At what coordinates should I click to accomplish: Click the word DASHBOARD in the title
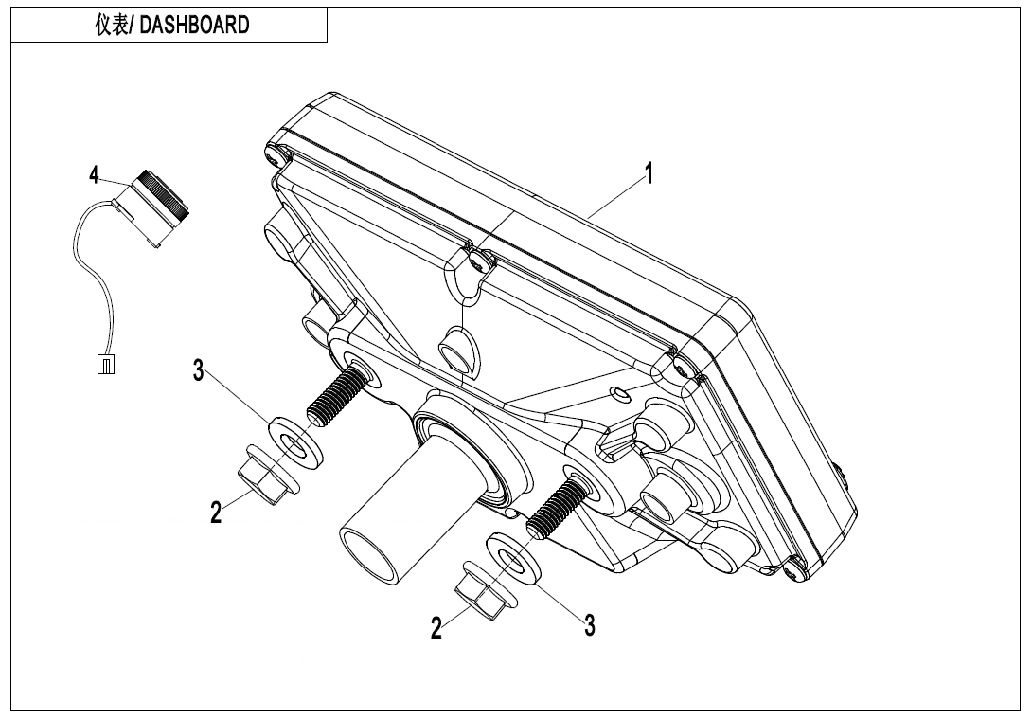coord(195,26)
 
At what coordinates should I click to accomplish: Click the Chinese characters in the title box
coord(114,26)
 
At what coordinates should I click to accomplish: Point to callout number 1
coord(649,173)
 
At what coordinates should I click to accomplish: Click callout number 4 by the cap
coord(94,174)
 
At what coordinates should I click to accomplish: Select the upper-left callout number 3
coord(198,371)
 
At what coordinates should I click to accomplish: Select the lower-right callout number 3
coord(589,624)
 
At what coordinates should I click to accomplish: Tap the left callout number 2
coord(217,513)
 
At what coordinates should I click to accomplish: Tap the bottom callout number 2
coord(436,627)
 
